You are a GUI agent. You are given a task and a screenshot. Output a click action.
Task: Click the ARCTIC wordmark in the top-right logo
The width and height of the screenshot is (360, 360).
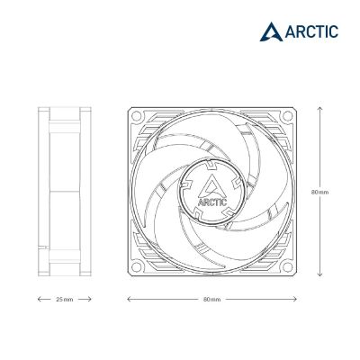[x=311, y=31]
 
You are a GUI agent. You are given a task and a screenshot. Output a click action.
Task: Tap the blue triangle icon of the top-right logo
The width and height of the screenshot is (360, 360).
[x=271, y=31]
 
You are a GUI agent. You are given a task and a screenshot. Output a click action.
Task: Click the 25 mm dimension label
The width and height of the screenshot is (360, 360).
[x=65, y=299]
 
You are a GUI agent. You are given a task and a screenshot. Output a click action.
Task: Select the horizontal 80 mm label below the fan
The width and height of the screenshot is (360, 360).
[x=211, y=299]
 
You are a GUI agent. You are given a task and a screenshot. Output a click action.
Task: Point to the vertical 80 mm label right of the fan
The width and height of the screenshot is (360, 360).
[x=319, y=192]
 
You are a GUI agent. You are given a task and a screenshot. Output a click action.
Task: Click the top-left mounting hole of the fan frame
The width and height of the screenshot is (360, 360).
[x=136, y=115]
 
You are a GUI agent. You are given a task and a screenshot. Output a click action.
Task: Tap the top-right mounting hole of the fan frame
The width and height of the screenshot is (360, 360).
[x=288, y=115]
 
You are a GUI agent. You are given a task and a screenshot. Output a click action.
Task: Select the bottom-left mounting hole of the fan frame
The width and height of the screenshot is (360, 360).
[x=136, y=267]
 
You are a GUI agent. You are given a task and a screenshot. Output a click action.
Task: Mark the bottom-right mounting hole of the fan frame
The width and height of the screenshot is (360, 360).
[x=288, y=267]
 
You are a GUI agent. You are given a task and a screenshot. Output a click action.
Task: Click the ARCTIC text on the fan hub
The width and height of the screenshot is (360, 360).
[x=212, y=202]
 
